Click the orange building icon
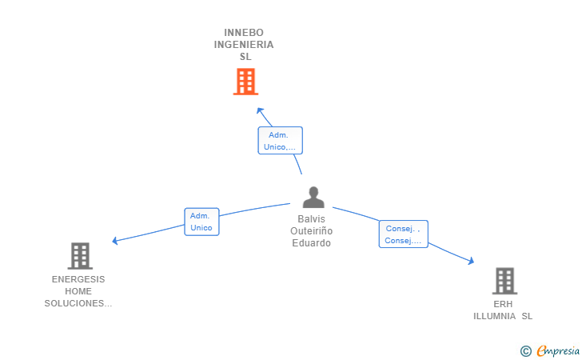245,82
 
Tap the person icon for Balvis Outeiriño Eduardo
313,197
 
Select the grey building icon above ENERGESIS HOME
80,256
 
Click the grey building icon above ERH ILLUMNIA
504,281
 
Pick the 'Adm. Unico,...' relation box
281,141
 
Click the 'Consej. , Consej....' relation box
404,234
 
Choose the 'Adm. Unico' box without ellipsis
202,222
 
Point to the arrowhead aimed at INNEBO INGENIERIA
260,110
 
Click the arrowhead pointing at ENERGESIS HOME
115,241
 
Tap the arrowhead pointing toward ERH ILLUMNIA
471,261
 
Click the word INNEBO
244,33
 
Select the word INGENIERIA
244,45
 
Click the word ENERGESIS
78,279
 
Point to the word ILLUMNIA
494,316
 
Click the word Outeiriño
312,231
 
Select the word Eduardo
312,243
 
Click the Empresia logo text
558,351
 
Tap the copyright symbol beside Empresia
526,351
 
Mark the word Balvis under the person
312,219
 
